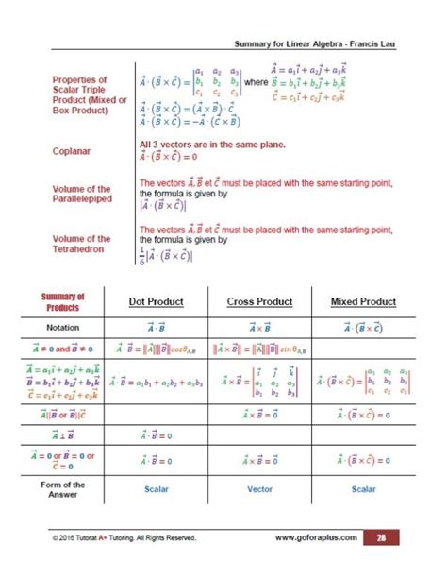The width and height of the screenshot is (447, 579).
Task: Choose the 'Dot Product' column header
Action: (156, 302)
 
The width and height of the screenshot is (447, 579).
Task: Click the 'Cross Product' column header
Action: (259, 302)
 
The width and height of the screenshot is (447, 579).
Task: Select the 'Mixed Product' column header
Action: (363, 302)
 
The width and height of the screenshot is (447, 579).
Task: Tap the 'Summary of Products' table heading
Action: (62, 302)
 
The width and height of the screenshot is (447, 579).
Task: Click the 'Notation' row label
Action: (62, 327)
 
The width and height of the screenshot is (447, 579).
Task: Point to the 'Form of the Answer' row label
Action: (62, 489)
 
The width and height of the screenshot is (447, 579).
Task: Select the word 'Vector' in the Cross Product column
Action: (259, 490)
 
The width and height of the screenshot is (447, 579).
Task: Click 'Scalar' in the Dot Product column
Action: (157, 490)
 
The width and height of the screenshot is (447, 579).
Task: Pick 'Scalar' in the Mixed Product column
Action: (363, 490)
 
